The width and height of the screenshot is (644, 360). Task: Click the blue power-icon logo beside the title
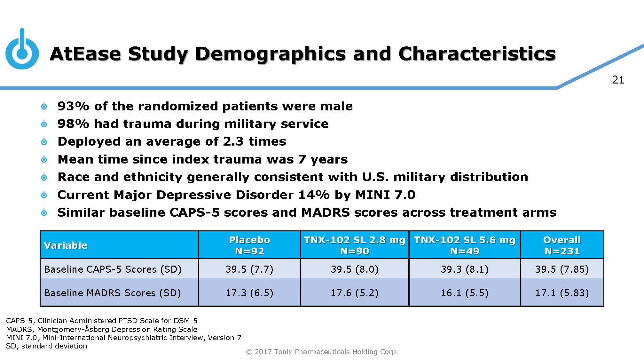point(22,51)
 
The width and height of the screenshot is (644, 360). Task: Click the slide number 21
point(618,80)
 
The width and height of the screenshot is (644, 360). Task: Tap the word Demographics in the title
point(271,54)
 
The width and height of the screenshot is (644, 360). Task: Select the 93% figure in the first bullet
point(73,106)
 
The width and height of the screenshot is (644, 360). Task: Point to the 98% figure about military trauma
point(73,124)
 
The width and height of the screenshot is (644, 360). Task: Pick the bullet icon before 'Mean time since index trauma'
point(44,159)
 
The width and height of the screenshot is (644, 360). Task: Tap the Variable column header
point(66,245)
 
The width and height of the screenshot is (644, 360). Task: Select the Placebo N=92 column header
point(249,245)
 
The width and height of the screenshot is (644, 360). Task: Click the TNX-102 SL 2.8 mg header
point(354,245)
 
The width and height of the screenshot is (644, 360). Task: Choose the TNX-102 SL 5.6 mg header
point(465,245)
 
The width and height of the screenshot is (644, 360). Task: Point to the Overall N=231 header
point(562,245)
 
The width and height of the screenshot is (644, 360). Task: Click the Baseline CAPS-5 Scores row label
point(113,269)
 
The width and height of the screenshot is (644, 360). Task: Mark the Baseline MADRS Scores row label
point(112,293)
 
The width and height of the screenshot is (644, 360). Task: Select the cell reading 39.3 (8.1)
point(465,269)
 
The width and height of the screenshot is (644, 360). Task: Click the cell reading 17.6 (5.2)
point(354,293)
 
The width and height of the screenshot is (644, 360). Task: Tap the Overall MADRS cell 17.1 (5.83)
point(562,293)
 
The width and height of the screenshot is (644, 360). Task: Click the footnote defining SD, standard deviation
point(46,346)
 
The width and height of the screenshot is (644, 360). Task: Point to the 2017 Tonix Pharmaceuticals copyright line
point(322,352)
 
